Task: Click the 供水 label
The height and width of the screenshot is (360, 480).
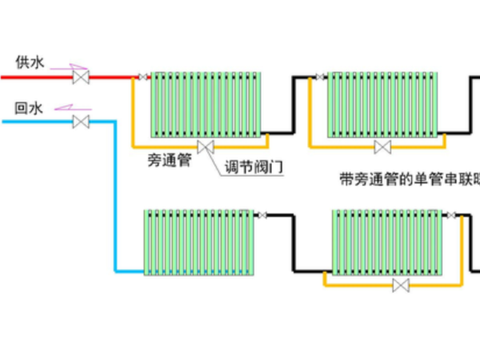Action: coord(28,62)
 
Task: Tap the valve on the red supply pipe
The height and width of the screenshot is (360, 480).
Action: coord(80,77)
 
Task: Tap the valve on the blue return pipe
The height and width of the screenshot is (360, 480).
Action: coord(80,122)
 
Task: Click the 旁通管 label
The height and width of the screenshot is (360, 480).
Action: coord(169,161)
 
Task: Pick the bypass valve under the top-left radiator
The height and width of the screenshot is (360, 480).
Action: coord(207,146)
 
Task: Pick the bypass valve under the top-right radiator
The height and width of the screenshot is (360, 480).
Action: coord(383,146)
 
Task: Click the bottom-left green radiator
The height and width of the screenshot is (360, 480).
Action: coord(198,242)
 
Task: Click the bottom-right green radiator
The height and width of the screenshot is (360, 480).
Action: coord(387,242)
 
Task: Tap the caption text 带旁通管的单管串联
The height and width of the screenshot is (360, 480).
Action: coord(408,180)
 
